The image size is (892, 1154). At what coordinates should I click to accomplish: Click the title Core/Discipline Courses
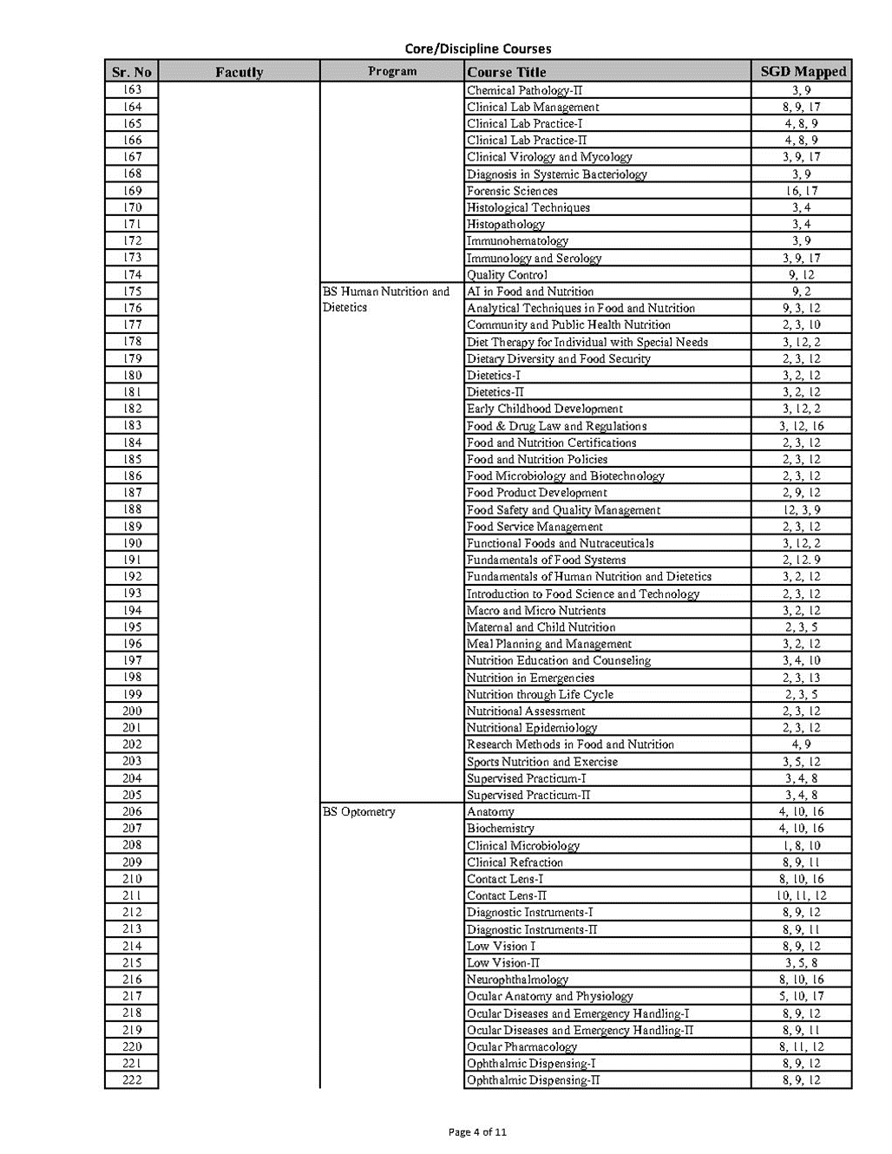tap(477, 49)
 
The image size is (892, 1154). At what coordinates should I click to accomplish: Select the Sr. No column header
tap(132, 72)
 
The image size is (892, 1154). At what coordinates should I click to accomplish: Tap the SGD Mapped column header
tap(803, 72)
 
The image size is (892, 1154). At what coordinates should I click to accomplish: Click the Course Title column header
tap(507, 72)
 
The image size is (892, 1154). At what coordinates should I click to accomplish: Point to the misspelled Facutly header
tap(239, 72)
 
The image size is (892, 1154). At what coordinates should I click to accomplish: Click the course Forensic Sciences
tap(512, 191)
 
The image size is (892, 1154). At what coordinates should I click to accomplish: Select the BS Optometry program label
tap(359, 812)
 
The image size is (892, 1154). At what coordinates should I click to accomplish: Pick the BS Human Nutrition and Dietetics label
tap(386, 299)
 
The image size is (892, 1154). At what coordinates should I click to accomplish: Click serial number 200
tap(132, 711)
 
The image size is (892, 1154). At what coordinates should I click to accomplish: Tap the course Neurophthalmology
tap(518, 980)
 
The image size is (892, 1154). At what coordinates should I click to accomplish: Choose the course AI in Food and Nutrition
tap(530, 292)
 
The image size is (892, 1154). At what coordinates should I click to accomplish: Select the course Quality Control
tap(507, 275)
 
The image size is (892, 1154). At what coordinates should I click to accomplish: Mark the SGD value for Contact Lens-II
tap(802, 895)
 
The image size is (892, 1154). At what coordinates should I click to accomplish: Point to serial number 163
tap(132, 90)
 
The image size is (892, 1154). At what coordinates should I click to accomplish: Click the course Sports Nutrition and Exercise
tap(542, 762)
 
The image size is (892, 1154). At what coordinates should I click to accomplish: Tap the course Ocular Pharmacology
tap(521, 1047)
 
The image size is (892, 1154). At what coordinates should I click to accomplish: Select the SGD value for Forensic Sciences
tap(802, 191)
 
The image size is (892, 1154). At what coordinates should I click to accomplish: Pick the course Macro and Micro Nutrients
tap(536, 611)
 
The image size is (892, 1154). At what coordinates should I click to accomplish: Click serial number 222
tap(132, 1080)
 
